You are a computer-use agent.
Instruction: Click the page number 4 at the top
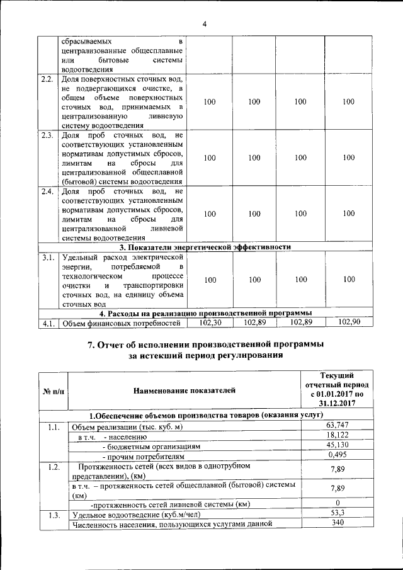click(204, 25)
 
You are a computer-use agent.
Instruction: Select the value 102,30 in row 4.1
click(210, 322)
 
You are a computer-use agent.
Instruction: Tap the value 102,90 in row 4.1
click(349, 322)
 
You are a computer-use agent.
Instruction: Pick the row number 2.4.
click(47, 191)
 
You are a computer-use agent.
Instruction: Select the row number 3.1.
click(47, 257)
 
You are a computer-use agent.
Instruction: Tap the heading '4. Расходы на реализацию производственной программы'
click(205, 313)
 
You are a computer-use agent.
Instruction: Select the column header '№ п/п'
click(53, 391)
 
